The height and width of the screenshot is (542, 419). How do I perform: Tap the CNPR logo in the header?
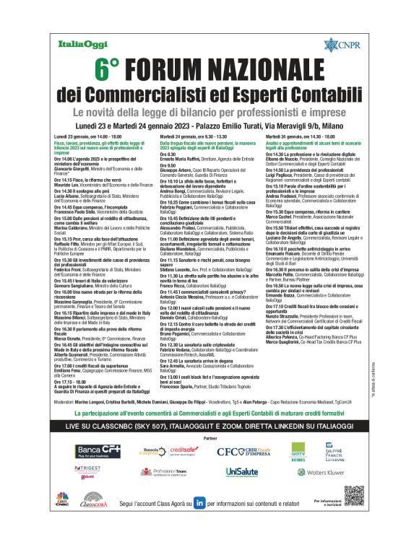[341, 45]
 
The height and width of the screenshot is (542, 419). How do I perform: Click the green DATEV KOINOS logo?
[298, 452]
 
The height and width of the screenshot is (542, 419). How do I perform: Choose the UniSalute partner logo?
[240, 471]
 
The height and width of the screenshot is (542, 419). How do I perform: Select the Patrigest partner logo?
[90, 469]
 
